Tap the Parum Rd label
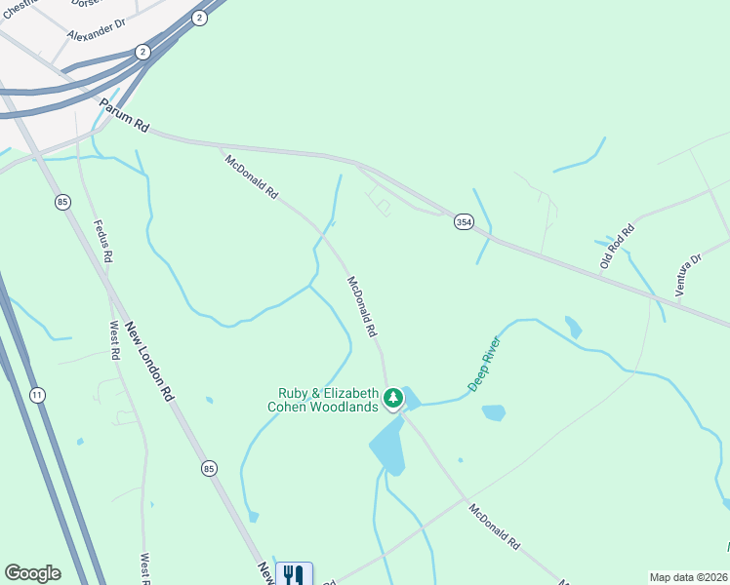click(123, 114)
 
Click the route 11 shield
click(37, 395)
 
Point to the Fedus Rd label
click(103, 241)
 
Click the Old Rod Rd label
click(617, 247)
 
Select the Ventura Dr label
click(689, 274)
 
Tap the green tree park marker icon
click(392, 398)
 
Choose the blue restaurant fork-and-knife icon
click(294, 574)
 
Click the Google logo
click(32, 573)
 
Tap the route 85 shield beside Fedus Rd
click(63, 202)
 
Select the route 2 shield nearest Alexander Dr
click(143, 51)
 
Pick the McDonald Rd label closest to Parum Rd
click(251, 177)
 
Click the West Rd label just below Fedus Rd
click(114, 340)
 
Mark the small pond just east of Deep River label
click(493, 412)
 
